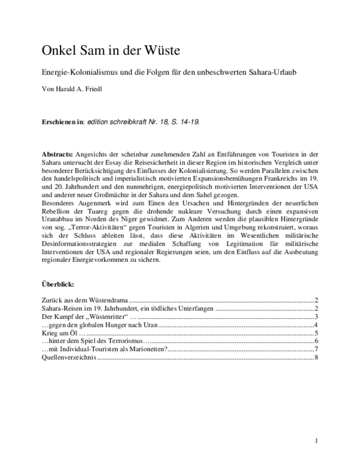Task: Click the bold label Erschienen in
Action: point(62,121)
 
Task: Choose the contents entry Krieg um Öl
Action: point(59,333)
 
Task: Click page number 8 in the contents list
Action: point(316,358)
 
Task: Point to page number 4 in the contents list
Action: point(316,325)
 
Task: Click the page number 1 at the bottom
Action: point(316,442)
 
